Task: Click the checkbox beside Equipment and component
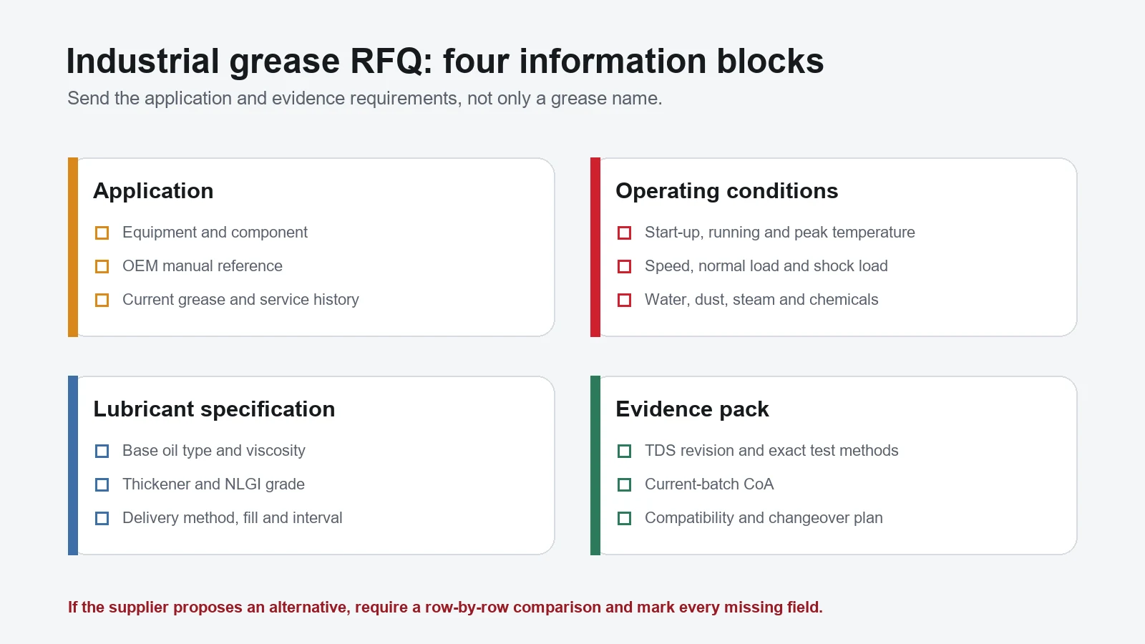pyautogui.click(x=102, y=233)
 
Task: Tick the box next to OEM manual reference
pyautogui.click(x=102, y=267)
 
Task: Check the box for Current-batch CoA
pyautogui.click(x=624, y=484)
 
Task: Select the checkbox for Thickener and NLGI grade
pyautogui.click(x=102, y=484)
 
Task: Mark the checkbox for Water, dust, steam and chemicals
pyautogui.click(x=624, y=300)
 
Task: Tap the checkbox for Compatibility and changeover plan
pyautogui.click(x=624, y=518)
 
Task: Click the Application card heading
pyautogui.click(x=153, y=191)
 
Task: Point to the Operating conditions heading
pyautogui.click(x=727, y=191)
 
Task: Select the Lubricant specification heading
pyautogui.click(x=214, y=409)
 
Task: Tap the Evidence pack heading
pyautogui.click(x=692, y=409)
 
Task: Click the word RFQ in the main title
pyautogui.click(x=391, y=62)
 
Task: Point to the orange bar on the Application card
pyautogui.click(x=73, y=248)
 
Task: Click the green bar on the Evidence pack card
pyautogui.click(x=595, y=466)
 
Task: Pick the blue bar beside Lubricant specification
pyautogui.click(x=73, y=466)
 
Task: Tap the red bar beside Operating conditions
pyautogui.click(x=595, y=248)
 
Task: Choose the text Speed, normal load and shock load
pyautogui.click(x=766, y=266)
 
